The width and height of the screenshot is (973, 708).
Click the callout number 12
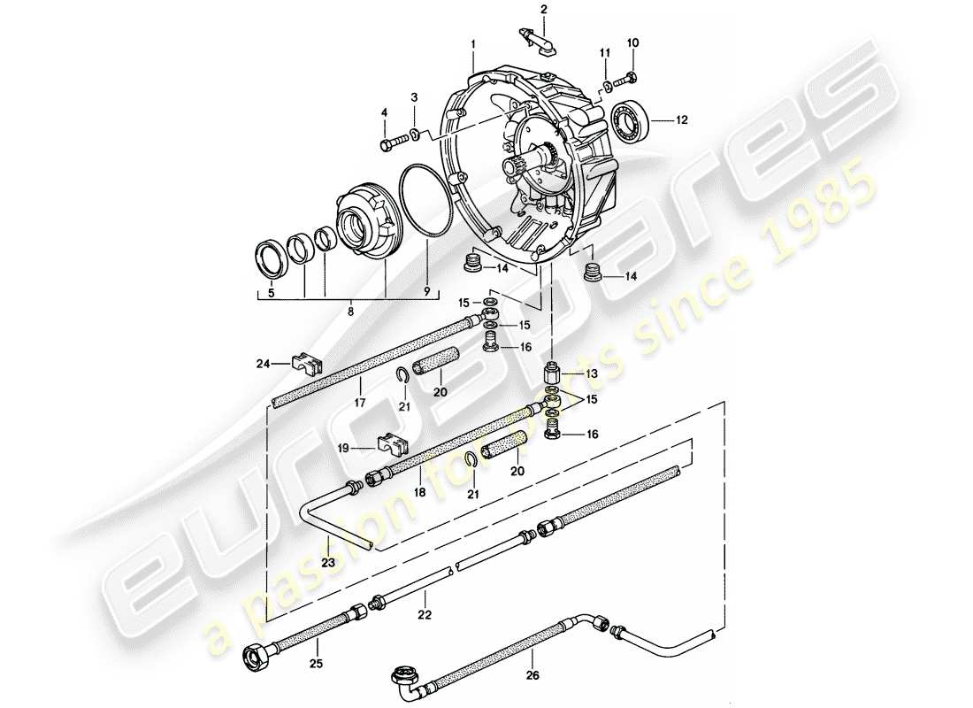coord(682,119)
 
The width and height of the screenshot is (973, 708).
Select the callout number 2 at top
coord(545,10)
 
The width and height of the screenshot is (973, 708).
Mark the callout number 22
coord(425,615)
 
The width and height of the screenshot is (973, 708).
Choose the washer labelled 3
coord(413,135)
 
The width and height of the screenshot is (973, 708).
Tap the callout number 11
coord(607,54)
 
